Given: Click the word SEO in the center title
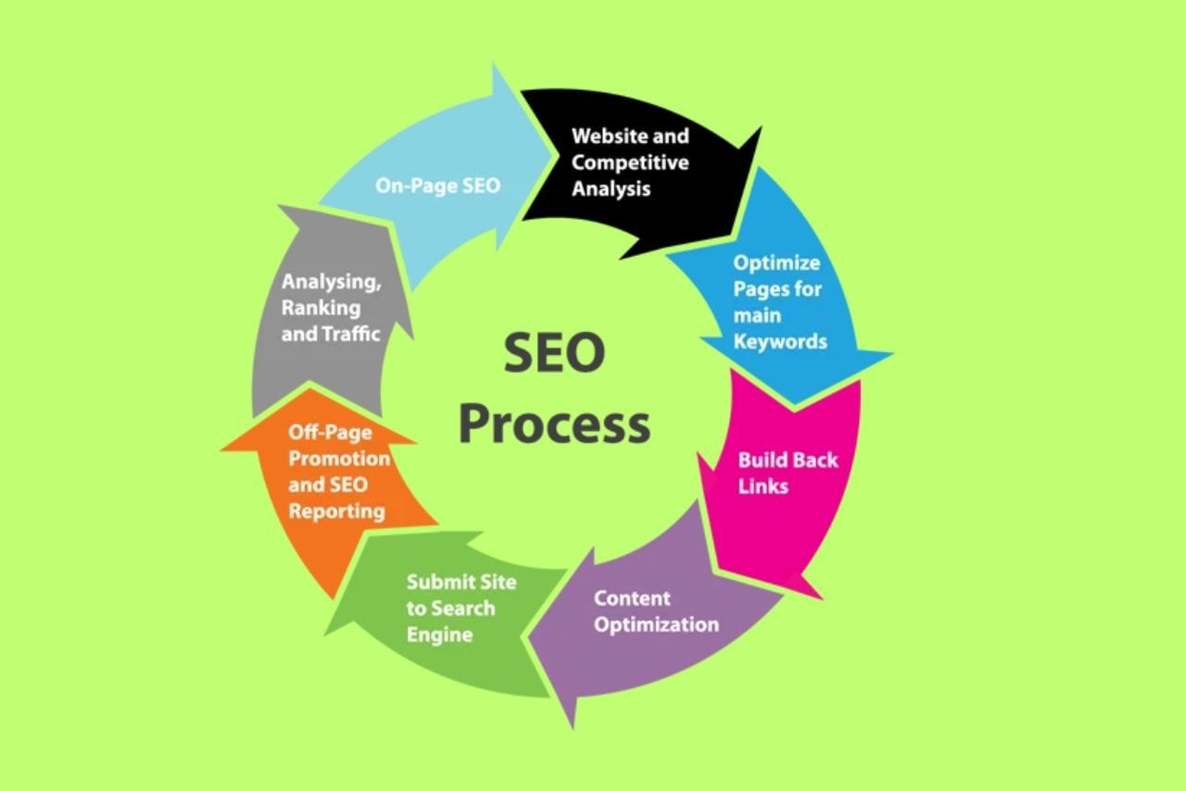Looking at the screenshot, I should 554,354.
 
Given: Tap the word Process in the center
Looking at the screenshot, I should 554,424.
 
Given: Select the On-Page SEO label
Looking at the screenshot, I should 437,185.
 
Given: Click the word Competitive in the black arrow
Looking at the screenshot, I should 630,162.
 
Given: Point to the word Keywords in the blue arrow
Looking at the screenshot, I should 780,341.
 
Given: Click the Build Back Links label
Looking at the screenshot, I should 788,472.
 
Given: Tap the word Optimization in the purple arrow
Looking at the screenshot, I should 656,624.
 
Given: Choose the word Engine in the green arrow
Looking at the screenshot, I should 439,635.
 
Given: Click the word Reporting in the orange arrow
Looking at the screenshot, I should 335,511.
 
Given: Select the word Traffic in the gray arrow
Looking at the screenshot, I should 351,334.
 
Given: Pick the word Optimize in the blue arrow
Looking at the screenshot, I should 776,262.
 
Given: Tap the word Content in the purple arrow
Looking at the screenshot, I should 632,597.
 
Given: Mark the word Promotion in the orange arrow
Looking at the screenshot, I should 339,458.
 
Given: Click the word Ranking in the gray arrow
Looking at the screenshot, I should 321,308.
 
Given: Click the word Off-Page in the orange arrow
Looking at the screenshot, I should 330,432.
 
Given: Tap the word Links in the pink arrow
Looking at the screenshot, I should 763,486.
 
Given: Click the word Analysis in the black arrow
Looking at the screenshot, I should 611,188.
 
